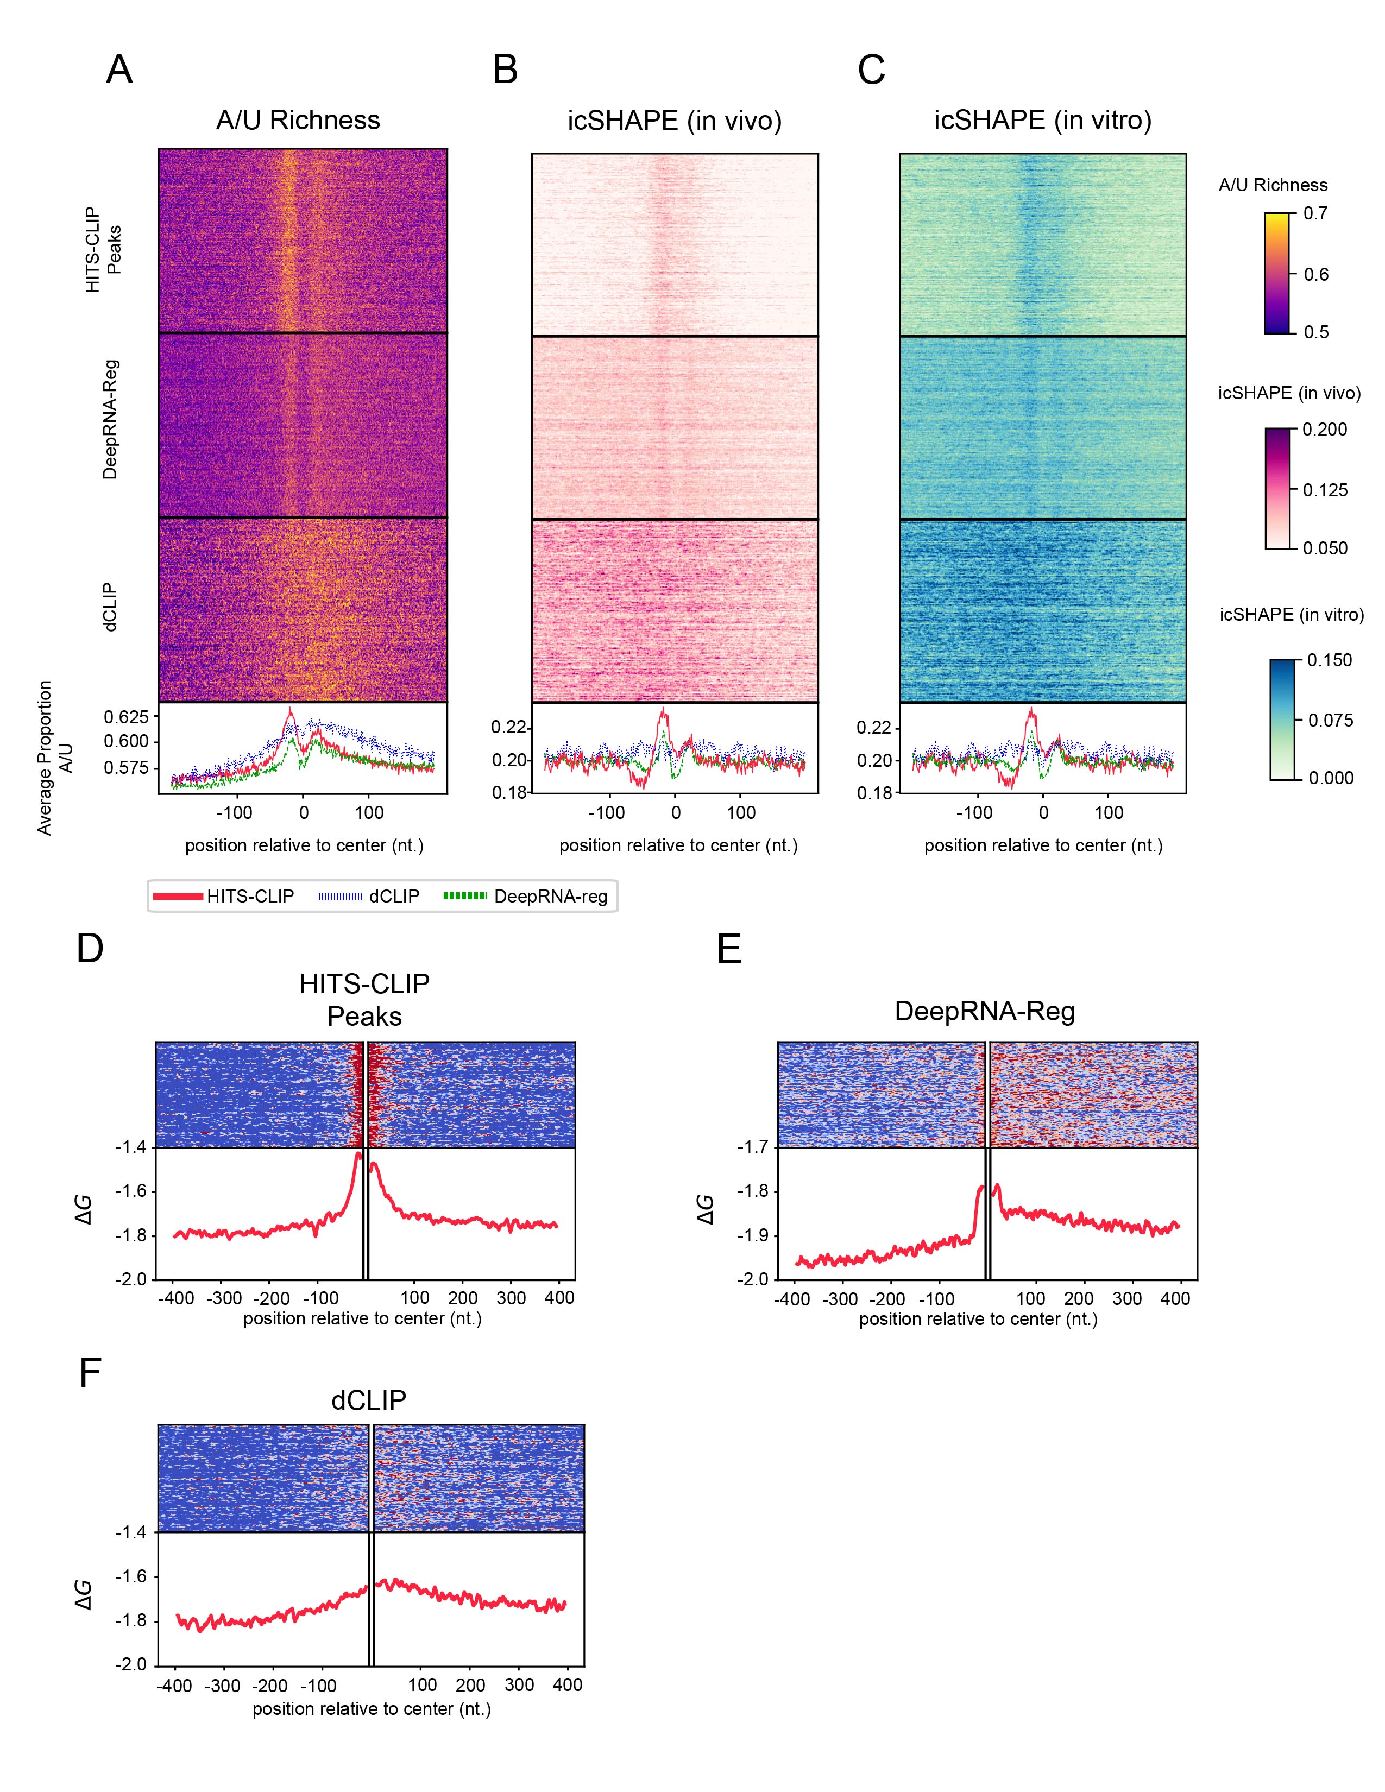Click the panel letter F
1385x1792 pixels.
pos(90,1373)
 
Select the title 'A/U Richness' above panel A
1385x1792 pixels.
pos(298,121)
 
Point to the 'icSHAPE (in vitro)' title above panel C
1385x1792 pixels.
pos(1043,121)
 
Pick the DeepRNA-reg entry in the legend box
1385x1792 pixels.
pos(526,896)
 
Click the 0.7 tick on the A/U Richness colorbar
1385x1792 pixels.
pos(1315,213)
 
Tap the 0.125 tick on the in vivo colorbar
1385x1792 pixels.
pos(1325,490)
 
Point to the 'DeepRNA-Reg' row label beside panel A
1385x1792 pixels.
pos(110,419)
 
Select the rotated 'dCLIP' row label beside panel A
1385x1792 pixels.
pos(110,607)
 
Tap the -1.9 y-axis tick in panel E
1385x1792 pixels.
pos(752,1236)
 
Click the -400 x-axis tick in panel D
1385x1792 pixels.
pos(175,1298)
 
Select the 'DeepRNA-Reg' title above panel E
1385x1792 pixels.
pos(985,1011)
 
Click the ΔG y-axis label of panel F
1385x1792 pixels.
pos(84,1594)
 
